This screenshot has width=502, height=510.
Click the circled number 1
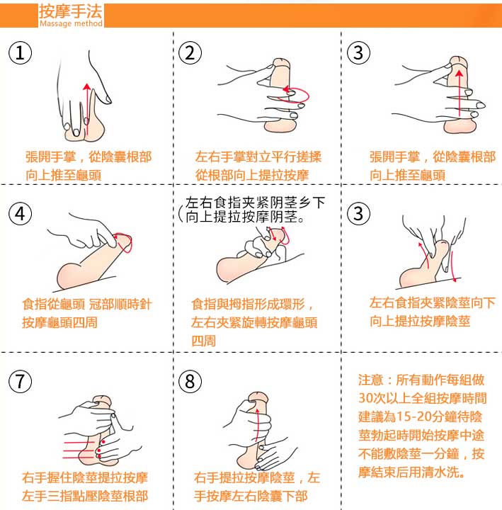tap(20, 52)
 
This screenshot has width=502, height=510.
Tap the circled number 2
tap(190, 52)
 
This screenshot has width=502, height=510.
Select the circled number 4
tap(20, 214)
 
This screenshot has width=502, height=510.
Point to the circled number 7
tap(20, 381)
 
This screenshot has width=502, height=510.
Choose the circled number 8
tap(190, 381)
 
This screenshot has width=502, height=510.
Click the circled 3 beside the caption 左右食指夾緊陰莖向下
tap(358, 214)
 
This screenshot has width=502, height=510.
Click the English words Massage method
tap(71, 23)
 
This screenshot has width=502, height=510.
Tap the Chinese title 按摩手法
tap(71, 11)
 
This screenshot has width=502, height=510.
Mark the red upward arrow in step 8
tap(257, 426)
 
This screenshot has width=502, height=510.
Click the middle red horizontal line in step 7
tap(79, 450)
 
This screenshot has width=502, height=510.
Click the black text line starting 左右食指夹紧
tap(255, 203)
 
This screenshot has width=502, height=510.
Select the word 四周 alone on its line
tap(203, 341)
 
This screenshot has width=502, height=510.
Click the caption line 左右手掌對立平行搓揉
tap(258, 157)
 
